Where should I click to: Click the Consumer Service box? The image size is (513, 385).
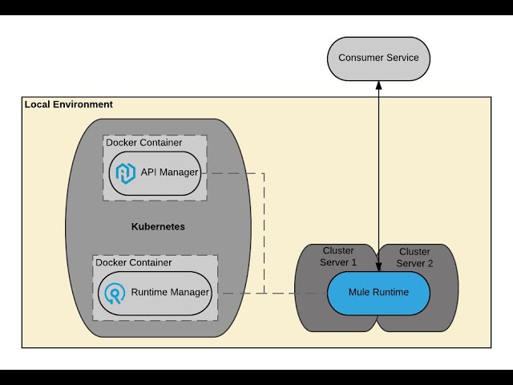[x=378, y=58]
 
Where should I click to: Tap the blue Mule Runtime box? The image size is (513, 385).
[x=378, y=292]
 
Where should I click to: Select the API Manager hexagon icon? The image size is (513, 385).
[x=125, y=172]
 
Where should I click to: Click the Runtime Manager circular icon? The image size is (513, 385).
[x=115, y=293]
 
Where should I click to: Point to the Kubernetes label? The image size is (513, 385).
[x=158, y=227]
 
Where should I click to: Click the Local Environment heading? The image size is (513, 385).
[x=69, y=105]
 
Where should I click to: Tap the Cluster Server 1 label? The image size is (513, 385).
[x=338, y=257]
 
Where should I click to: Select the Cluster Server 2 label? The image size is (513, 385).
[x=414, y=257]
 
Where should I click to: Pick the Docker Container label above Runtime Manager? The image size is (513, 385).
[x=133, y=262]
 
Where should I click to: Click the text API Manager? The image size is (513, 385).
[x=169, y=172]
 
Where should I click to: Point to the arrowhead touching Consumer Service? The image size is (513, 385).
[x=378, y=85]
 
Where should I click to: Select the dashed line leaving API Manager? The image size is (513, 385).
[x=232, y=172]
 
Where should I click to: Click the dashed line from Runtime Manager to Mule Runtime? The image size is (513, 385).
[x=273, y=293]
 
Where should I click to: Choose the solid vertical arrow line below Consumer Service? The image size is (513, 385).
[x=378, y=176]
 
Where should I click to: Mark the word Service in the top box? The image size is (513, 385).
[x=402, y=58]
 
